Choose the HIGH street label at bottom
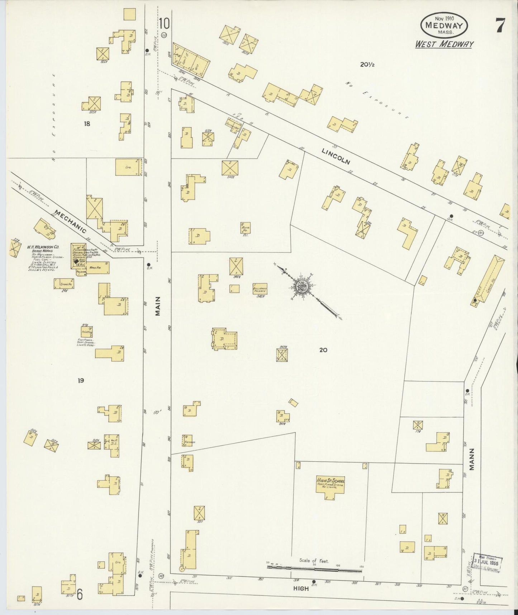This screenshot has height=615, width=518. point(301,588)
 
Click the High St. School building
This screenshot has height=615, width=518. point(330,487)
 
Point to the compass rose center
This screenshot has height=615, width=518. point(301,286)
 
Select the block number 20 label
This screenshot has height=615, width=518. point(323,350)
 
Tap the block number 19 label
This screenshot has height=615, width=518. point(81,380)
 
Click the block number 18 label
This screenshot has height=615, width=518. point(87,124)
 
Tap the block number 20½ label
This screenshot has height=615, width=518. point(367,65)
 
